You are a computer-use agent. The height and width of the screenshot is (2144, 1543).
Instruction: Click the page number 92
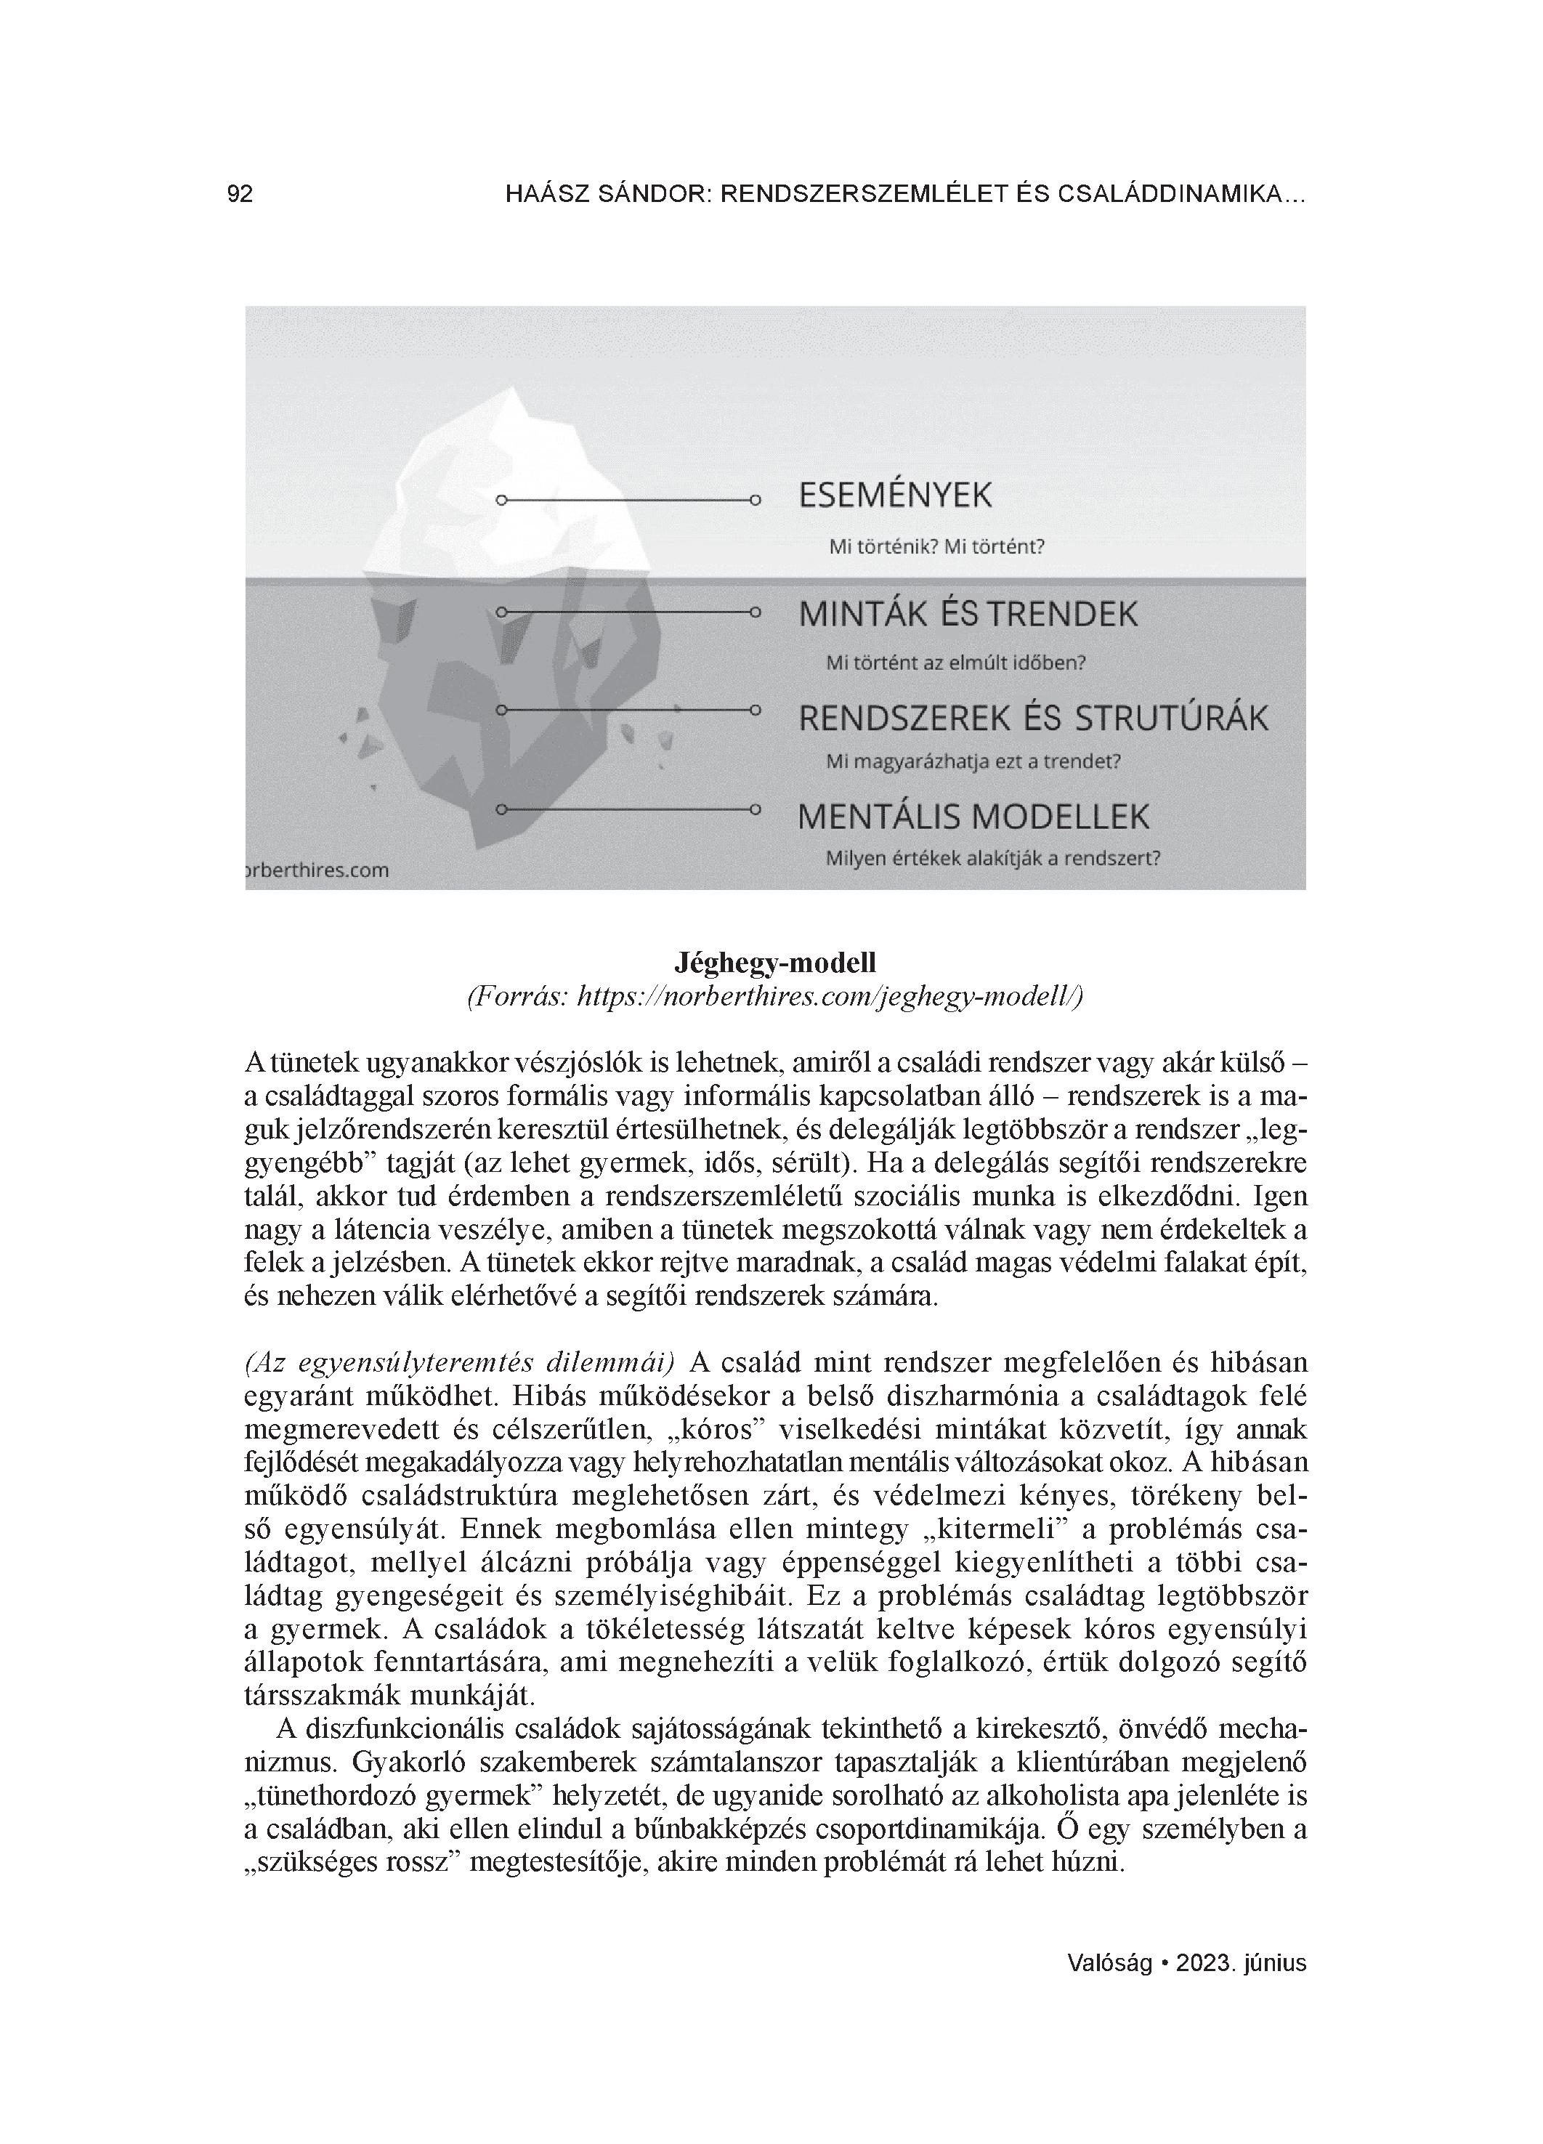[x=240, y=195]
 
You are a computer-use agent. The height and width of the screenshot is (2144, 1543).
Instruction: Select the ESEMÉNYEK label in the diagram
[x=894, y=496]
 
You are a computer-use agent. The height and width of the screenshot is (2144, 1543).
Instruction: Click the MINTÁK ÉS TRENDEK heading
[x=967, y=615]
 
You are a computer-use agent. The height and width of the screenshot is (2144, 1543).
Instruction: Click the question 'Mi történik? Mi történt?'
[x=936, y=547]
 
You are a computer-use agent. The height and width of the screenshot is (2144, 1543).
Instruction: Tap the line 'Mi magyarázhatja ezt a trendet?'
[x=973, y=762]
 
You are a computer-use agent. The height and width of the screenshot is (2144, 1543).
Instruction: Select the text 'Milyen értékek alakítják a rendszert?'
[x=993, y=859]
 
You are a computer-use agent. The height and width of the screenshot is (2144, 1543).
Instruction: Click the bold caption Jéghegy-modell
[x=775, y=963]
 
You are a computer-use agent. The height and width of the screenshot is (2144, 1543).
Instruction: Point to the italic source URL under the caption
[x=775, y=996]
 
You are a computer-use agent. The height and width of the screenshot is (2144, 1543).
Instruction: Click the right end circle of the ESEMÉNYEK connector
[x=755, y=500]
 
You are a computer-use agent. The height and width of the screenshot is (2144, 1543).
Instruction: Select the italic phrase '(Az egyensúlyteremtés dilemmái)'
[x=460, y=1363]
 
